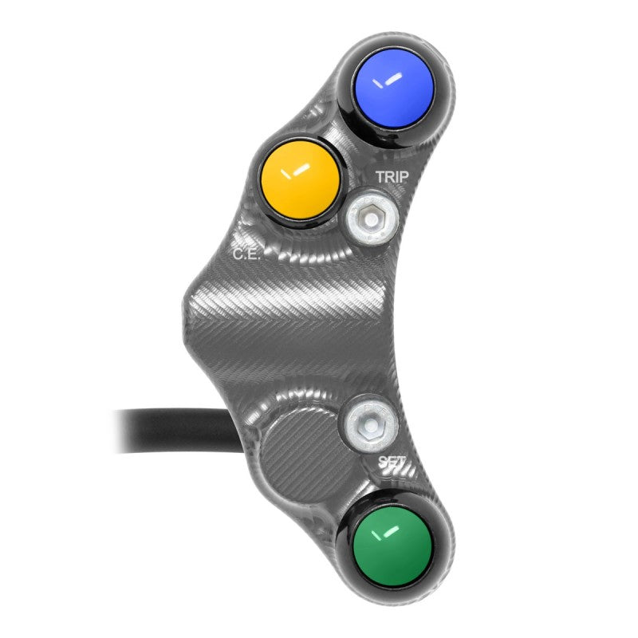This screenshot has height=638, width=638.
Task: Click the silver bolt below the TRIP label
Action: click(368, 215)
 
